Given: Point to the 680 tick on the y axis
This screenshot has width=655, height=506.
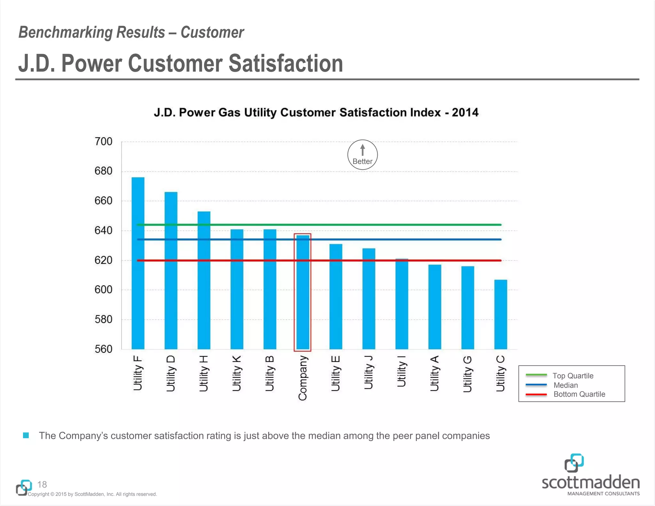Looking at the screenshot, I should [103, 171].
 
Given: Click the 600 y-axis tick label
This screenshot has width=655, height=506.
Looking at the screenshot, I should [103, 290].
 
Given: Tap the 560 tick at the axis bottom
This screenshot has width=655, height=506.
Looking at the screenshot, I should [103, 349].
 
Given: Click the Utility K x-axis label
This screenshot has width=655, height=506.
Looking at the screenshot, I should [237, 373].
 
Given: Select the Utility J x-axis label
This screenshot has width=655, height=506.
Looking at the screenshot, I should [369, 372].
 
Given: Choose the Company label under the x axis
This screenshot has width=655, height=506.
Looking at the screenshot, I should [303, 378].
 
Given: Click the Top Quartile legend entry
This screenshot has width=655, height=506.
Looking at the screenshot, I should [572, 376].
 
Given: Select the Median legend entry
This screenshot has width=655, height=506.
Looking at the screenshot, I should [565, 385].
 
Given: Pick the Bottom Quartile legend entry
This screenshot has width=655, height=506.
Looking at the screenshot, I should [579, 394].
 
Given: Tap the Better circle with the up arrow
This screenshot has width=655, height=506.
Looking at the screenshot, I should [362, 155].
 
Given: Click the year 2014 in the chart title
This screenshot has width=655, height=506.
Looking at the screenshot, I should [465, 113].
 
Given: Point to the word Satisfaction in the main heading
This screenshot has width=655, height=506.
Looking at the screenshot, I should [286, 63].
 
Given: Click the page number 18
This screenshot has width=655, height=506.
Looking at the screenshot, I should [42, 484].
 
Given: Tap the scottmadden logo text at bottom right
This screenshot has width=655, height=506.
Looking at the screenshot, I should [591, 482].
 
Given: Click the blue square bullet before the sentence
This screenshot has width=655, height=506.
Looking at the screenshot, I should [26, 435].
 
